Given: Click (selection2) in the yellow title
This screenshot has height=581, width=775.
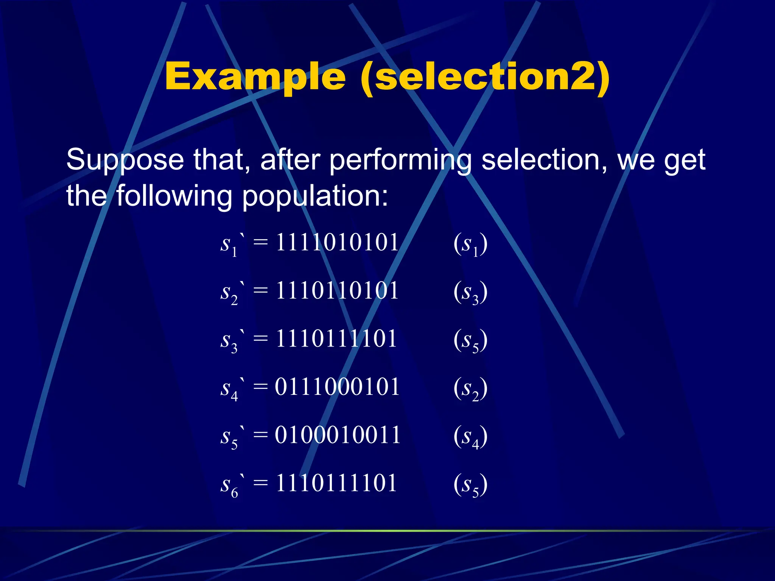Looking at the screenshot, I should [x=485, y=77].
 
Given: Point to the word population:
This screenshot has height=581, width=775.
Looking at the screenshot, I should [x=315, y=196].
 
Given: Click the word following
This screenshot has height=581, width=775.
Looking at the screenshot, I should [x=174, y=196].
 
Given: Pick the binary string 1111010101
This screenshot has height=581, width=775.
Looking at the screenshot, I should [x=337, y=242].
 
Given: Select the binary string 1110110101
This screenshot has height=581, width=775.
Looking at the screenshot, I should [x=337, y=291].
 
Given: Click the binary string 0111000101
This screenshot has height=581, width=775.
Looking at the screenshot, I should [x=337, y=387].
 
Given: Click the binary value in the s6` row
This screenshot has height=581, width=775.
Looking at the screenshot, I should [x=336, y=483].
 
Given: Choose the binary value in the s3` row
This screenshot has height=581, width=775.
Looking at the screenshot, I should [x=336, y=339].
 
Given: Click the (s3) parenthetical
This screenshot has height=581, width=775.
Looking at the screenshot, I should [x=470, y=292].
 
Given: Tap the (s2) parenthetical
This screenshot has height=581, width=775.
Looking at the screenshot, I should [x=470, y=388].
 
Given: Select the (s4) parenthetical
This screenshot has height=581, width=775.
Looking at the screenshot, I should [x=470, y=437].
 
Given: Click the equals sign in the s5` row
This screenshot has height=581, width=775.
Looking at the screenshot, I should [x=261, y=435].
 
